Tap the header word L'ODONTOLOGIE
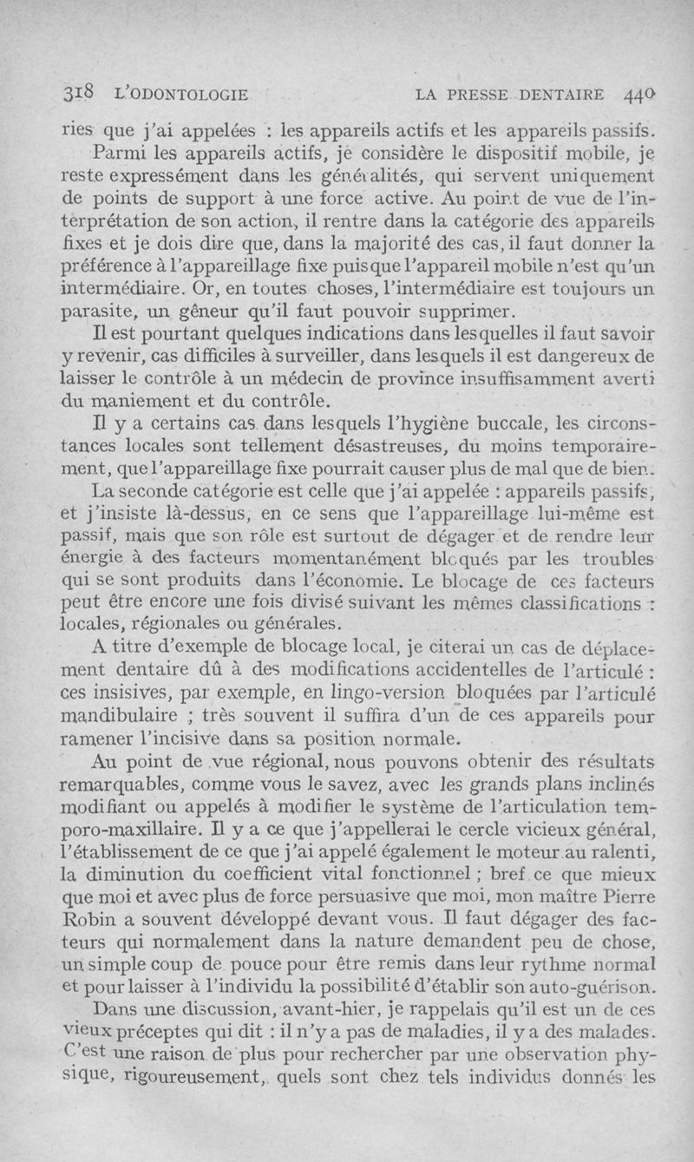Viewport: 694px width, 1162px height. pyautogui.click(x=178, y=93)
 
